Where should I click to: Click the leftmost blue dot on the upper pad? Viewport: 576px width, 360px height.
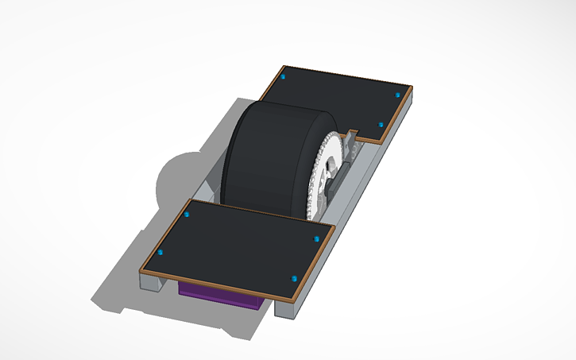[284, 78]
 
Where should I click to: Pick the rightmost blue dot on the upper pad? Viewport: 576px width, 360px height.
[397, 95]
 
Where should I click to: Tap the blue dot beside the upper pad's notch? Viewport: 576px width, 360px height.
[380, 125]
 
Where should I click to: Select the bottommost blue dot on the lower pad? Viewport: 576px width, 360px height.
[295, 278]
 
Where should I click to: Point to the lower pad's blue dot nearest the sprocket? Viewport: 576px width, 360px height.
[316, 237]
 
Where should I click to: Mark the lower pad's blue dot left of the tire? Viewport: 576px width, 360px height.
[187, 215]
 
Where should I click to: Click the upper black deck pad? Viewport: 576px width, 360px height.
[338, 99]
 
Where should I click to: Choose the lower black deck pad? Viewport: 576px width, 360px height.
[238, 246]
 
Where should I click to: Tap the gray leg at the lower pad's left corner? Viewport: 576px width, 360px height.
[151, 281]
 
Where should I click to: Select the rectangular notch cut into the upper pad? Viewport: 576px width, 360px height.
[357, 130]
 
